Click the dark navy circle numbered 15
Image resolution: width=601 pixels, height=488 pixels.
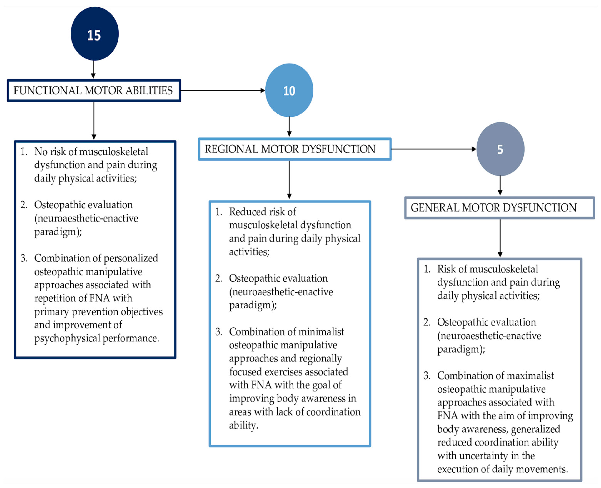94,34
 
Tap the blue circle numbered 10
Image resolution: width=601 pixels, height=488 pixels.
289,90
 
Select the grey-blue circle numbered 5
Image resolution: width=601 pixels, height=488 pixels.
500,149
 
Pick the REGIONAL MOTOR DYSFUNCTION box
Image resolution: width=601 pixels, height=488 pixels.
295,149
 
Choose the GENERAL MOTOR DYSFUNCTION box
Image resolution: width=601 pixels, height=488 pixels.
499,208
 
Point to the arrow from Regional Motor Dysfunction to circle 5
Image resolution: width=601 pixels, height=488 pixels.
433,149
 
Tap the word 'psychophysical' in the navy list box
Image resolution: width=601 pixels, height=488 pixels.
67,338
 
